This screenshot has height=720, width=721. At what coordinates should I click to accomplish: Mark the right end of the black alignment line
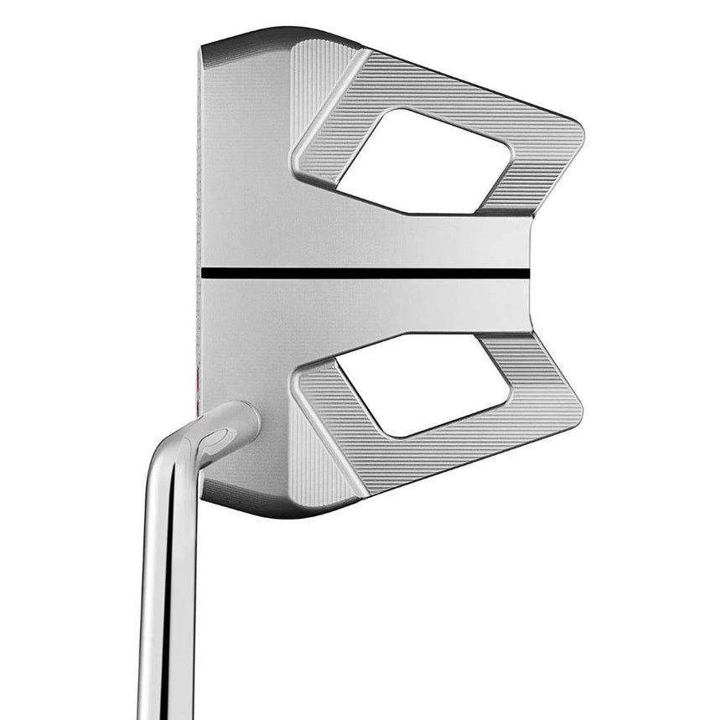point(526,273)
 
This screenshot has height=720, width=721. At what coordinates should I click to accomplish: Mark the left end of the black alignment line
point(204,273)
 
